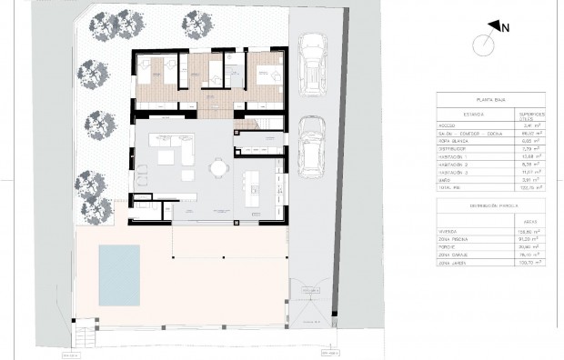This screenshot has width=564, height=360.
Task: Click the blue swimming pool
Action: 119,275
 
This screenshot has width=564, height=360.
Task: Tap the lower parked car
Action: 312,145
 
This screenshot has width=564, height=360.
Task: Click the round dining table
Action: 218,167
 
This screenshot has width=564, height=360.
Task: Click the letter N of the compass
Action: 507,28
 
